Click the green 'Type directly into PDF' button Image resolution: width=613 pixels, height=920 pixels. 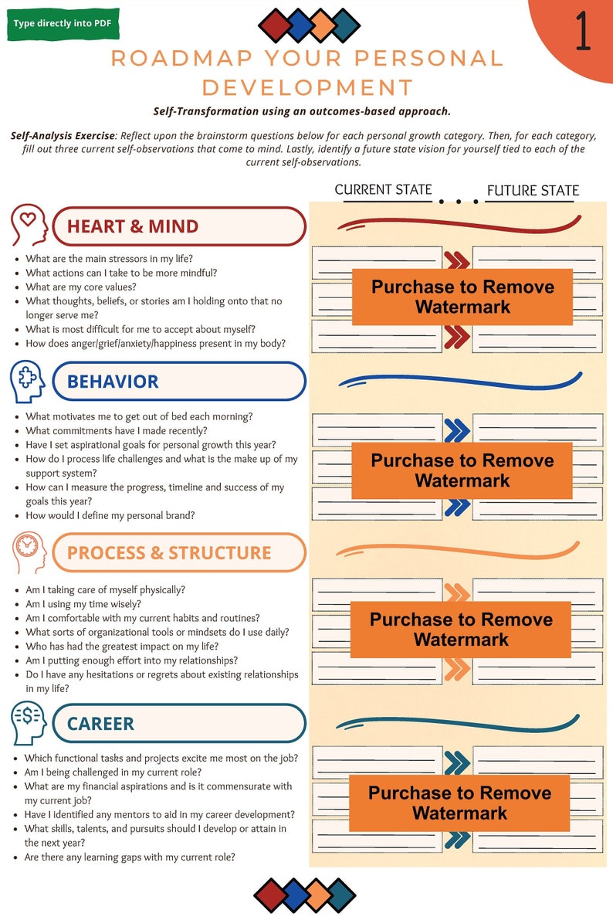(x=62, y=23)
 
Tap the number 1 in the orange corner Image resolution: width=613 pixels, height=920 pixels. (x=583, y=32)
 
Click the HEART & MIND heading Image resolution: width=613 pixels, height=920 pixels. (x=133, y=226)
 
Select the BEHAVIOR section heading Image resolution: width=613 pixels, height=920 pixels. (x=113, y=381)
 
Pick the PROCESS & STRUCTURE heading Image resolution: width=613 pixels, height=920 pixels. (x=169, y=553)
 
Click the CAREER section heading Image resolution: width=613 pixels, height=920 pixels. (x=100, y=724)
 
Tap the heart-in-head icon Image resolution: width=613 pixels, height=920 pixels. (x=29, y=225)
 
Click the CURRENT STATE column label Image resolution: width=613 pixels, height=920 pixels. (x=383, y=190)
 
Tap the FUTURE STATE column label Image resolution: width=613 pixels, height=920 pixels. (x=533, y=190)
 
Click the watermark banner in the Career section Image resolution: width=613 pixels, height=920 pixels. (x=460, y=803)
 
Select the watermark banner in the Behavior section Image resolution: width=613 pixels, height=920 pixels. (x=462, y=470)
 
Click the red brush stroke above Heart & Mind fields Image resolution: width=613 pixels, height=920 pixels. (x=459, y=225)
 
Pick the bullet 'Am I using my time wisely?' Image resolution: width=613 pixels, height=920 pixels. (x=83, y=604)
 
